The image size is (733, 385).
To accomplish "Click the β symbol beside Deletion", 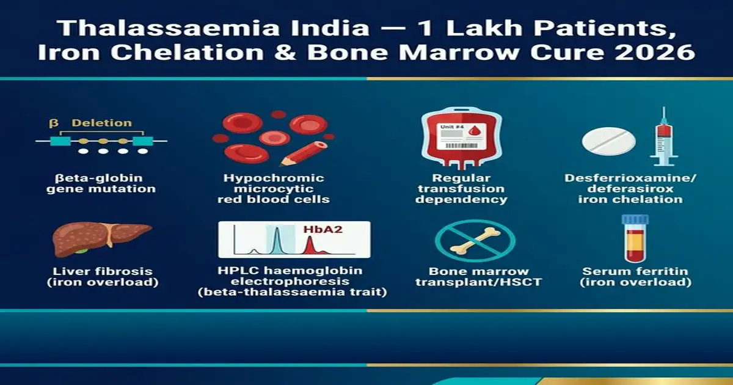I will click(53, 123).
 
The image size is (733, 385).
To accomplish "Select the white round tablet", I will click(608, 140).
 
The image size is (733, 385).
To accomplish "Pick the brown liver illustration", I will click(101, 239).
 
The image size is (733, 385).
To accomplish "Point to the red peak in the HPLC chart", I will click(310, 245).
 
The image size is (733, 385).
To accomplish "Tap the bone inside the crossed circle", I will click(472, 241).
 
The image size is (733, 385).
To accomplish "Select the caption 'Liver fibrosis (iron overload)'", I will click(102, 277).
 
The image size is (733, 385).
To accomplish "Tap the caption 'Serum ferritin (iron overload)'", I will click(636, 277).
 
